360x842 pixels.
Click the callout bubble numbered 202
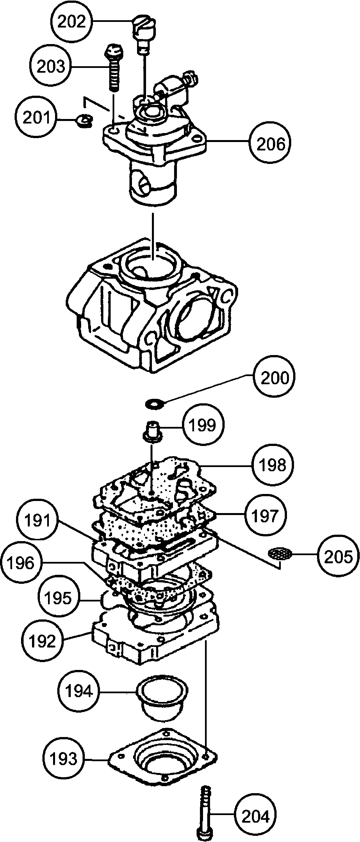72,22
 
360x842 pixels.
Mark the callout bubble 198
273,465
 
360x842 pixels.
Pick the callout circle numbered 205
338,555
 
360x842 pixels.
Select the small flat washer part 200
155,404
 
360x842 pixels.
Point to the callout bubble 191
38,520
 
